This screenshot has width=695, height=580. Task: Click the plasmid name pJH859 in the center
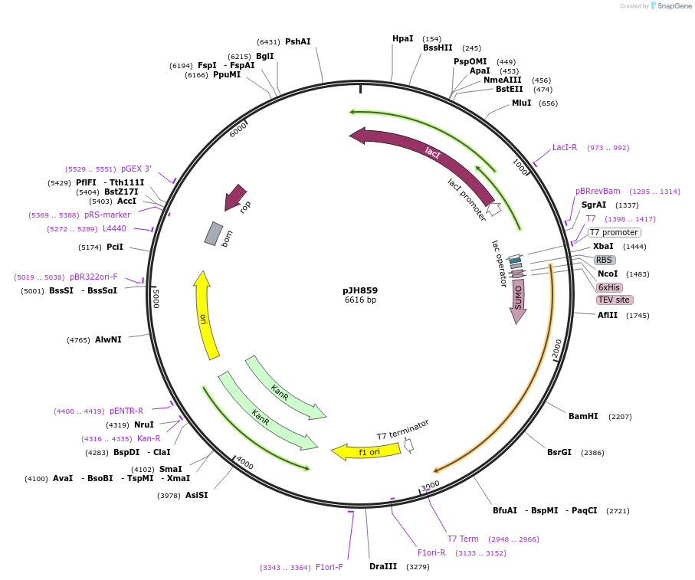[359, 290]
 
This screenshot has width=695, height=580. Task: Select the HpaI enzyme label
[402, 38]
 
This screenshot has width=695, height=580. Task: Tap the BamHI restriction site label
[583, 416]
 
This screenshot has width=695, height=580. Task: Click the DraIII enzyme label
[383, 566]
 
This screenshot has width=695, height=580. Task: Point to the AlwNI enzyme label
[108, 339]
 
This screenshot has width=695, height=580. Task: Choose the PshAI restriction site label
[297, 41]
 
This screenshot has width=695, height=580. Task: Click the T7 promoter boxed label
[614, 232]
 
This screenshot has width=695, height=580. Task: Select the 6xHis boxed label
[610, 287]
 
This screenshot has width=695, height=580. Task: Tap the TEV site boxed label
[614, 300]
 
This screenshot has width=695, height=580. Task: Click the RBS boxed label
[604, 260]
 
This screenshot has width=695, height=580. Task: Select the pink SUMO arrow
[518, 295]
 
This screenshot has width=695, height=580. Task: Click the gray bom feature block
[213, 234]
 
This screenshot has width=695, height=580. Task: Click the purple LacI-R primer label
[565, 147]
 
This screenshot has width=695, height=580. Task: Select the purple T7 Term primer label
[463, 539]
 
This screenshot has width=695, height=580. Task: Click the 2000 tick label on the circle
[557, 349]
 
